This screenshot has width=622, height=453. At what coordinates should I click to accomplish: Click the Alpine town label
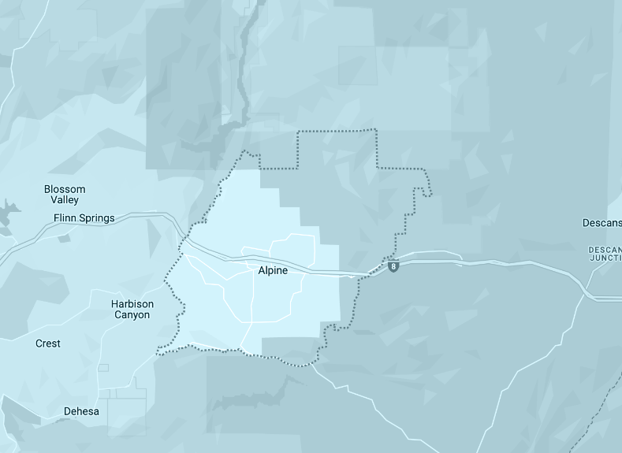click(x=273, y=270)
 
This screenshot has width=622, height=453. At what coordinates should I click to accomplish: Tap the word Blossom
click(x=65, y=189)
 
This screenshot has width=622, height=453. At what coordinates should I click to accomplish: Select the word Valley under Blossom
click(x=65, y=200)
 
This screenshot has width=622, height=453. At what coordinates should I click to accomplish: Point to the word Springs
click(x=97, y=218)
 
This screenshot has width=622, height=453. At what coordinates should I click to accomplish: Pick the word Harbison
click(x=132, y=304)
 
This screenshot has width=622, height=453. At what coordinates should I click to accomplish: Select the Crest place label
click(x=48, y=343)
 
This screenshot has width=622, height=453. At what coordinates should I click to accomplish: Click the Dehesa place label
click(x=82, y=411)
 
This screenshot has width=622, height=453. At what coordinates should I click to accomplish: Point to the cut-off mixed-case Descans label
click(x=602, y=222)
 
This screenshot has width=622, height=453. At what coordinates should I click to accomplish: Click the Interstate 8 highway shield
click(x=393, y=267)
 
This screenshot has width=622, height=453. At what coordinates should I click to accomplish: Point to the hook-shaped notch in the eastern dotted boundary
click(x=426, y=191)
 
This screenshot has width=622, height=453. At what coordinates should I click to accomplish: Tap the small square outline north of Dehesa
click(x=103, y=367)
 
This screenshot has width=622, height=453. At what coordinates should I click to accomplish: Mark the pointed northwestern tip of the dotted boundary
click(x=245, y=150)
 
